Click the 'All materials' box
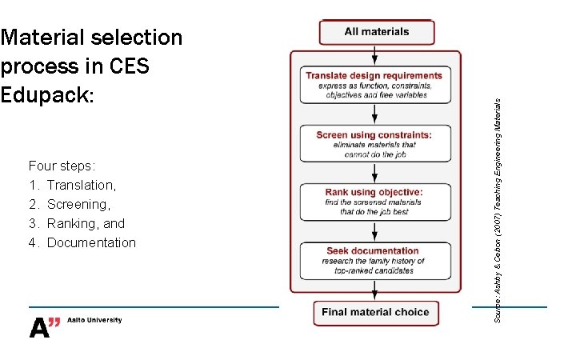click(376, 32)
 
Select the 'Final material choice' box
click(376, 312)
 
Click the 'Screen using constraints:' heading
click(374, 134)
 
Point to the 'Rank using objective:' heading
click(374, 192)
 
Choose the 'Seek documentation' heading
click(373, 250)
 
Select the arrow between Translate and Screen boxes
click(375, 114)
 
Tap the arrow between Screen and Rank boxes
click(375, 172)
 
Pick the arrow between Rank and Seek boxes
click(375, 231)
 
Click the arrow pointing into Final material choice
click(375, 292)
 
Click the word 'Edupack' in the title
click(47, 94)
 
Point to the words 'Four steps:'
click(62, 166)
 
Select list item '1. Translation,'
click(72, 186)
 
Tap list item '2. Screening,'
click(70, 205)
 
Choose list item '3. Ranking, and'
click(77, 223)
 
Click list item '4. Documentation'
click(82, 242)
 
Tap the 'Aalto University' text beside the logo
click(95, 320)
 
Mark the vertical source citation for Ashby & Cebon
click(498, 210)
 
